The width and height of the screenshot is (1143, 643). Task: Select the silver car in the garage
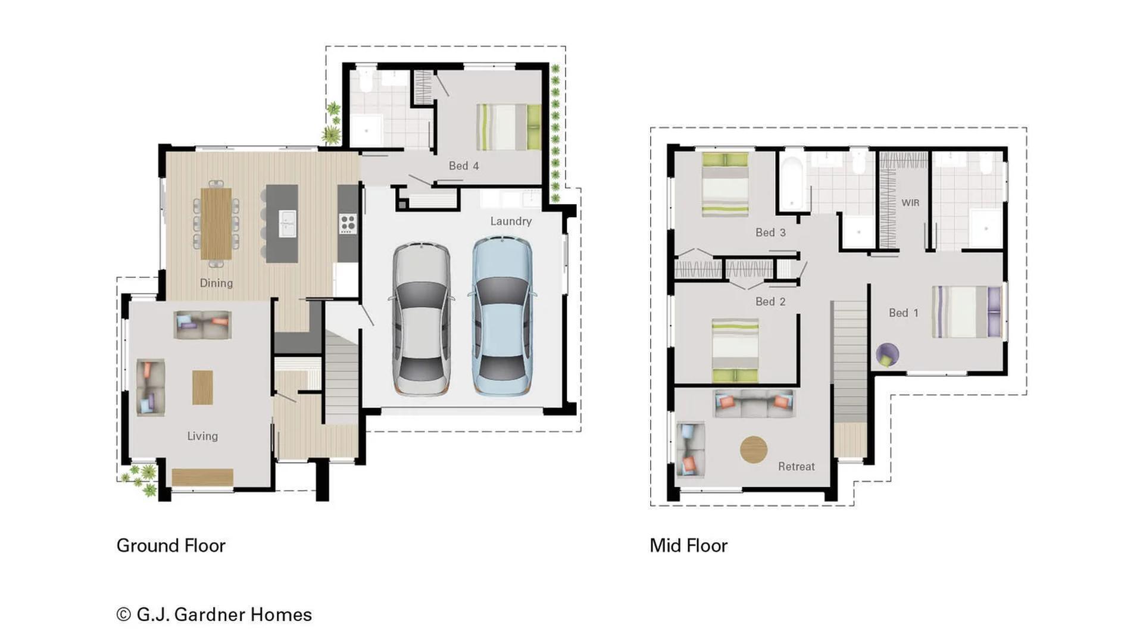tap(421, 319)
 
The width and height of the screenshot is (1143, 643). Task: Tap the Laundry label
tap(511, 221)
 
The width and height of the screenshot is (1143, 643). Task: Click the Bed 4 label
tap(463, 166)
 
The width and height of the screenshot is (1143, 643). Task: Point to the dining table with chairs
tap(216, 223)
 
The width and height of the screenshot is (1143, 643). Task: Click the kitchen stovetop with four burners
tap(348, 224)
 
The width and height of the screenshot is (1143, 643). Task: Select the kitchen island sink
tap(288, 224)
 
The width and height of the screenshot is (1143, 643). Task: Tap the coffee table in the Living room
tap(202, 388)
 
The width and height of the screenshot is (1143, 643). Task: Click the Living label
tap(202, 436)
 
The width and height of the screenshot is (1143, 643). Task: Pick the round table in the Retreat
tap(753, 450)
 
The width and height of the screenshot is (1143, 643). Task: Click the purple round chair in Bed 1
tap(887, 355)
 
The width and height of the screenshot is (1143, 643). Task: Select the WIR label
tap(910, 203)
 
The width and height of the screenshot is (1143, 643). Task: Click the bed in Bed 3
tap(725, 184)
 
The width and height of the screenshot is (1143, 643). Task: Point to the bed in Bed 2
tap(735, 351)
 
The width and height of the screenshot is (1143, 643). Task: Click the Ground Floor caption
tap(171, 545)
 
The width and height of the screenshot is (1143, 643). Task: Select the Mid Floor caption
tap(688, 545)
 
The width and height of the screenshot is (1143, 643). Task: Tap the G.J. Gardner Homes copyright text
tap(214, 614)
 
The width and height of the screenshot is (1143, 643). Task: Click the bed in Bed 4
tap(508, 127)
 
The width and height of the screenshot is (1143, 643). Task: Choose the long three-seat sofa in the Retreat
tap(754, 404)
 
